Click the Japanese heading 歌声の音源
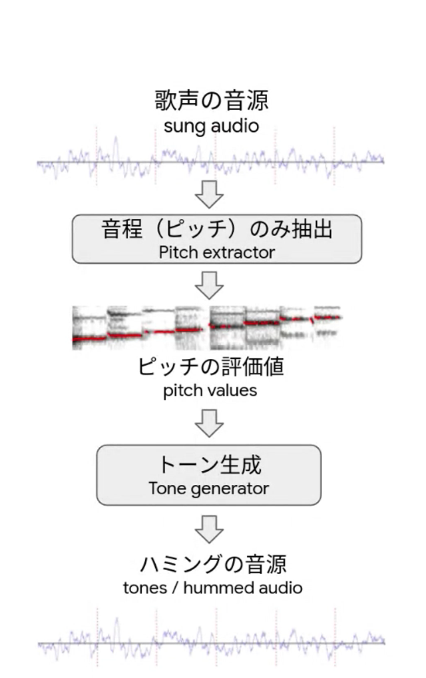point(212,100)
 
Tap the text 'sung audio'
point(211,127)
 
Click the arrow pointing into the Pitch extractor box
point(209,194)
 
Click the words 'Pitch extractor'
point(217,252)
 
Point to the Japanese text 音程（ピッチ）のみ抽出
point(217,228)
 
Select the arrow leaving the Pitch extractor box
point(209,285)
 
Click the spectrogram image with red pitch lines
point(207,327)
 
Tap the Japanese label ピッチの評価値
point(211,367)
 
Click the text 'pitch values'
point(210,391)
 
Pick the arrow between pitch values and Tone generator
point(209,423)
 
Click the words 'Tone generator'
point(209,489)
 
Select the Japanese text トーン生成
point(210,465)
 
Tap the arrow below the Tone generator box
point(209,529)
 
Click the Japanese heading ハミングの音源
point(213,564)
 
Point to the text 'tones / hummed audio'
point(212,588)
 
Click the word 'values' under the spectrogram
point(234,390)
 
